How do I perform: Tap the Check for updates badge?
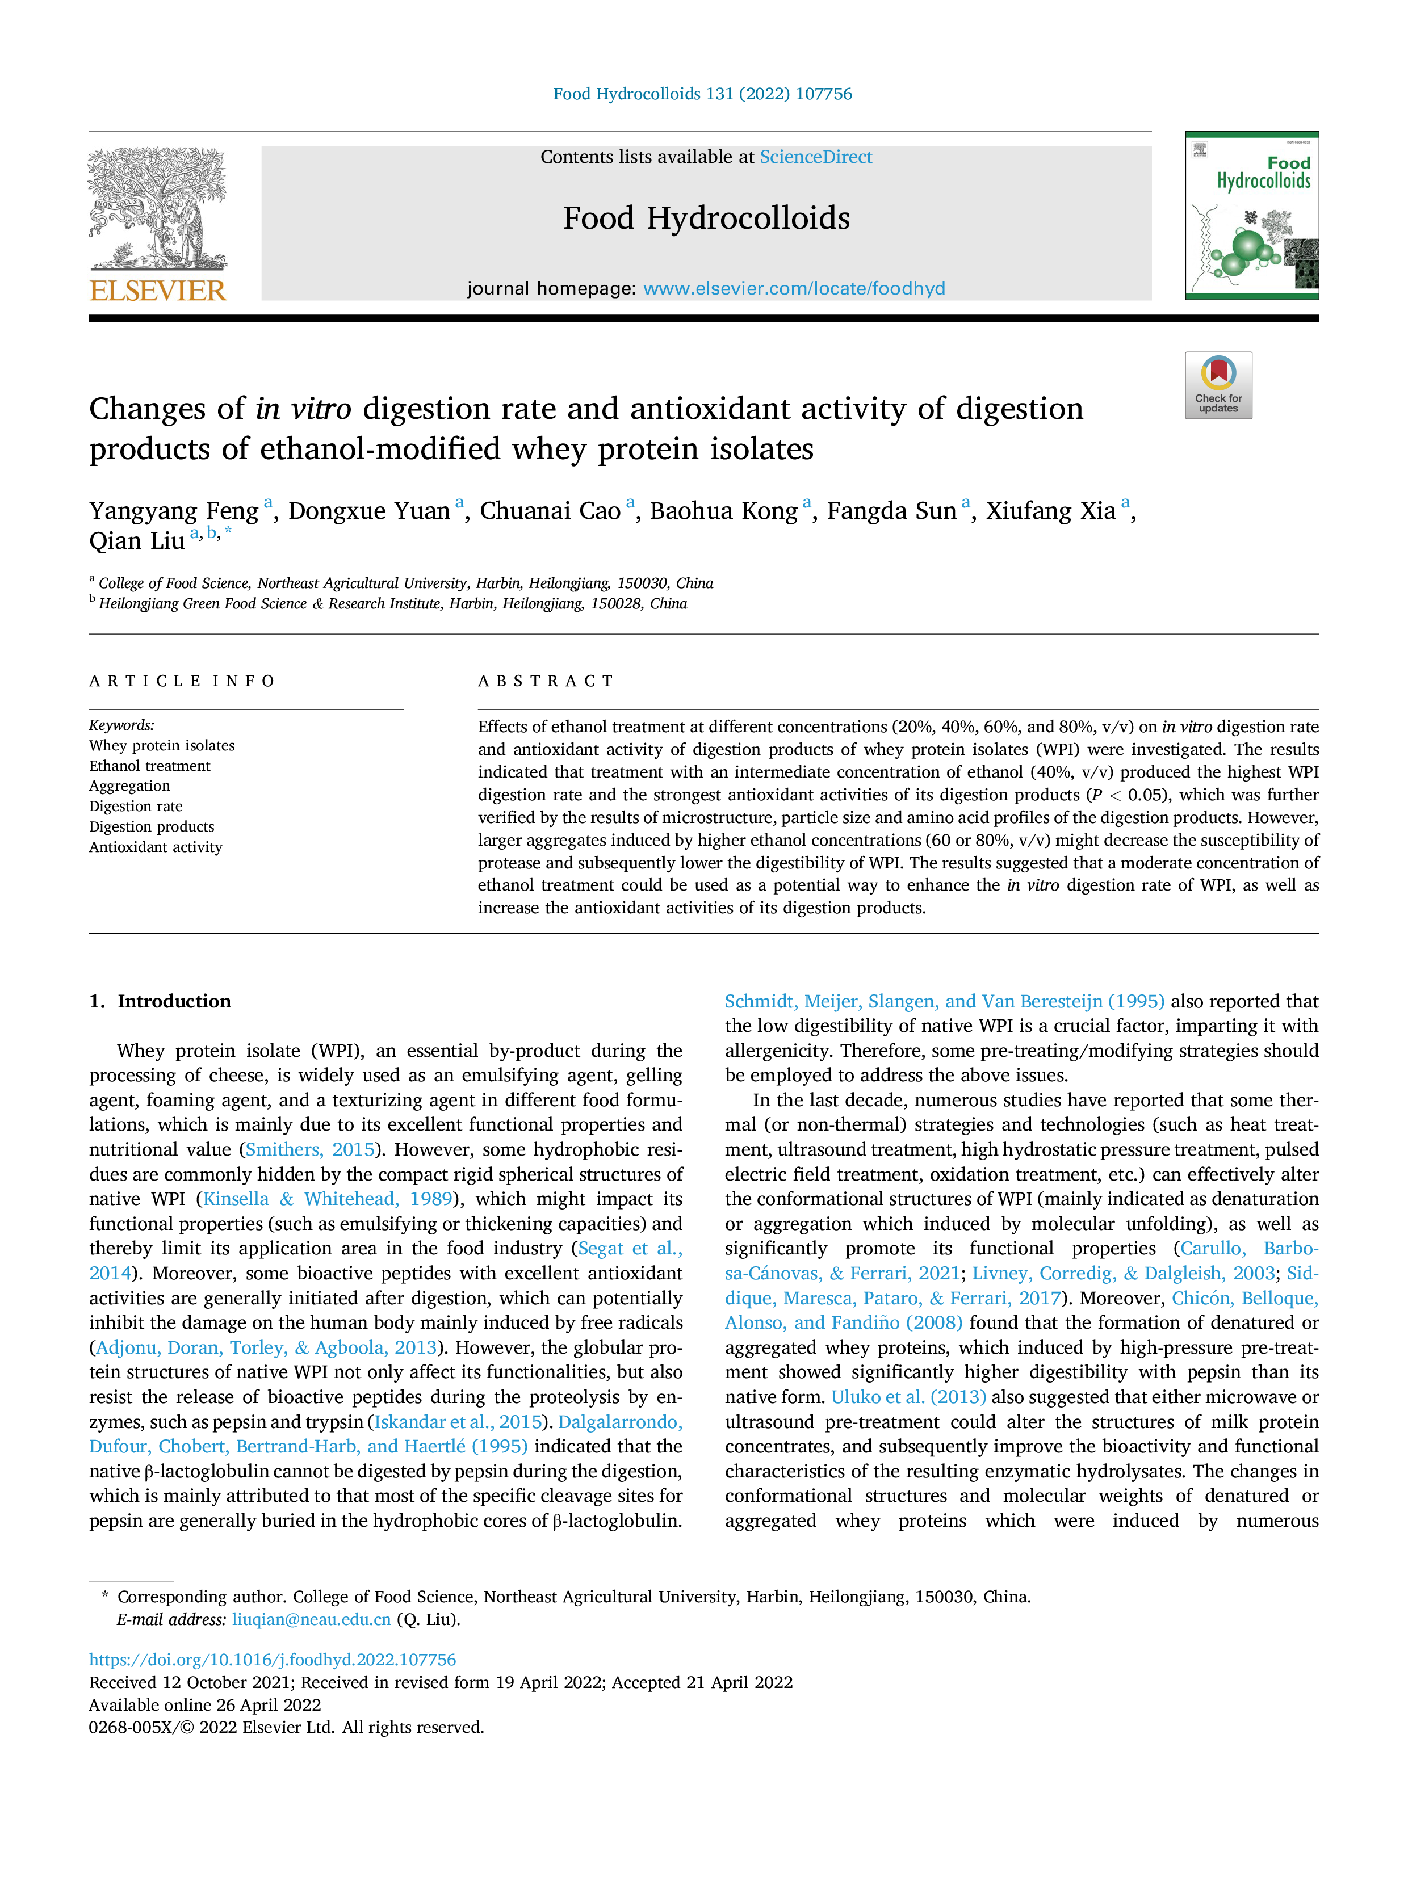pos(1218,385)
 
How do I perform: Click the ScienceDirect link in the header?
pos(816,157)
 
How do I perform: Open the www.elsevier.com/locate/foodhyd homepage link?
pos(794,288)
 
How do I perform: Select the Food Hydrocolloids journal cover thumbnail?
pos(1252,216)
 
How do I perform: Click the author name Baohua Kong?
pos(724,511)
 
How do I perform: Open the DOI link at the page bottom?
pos(273,1660)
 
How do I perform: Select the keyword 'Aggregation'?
pos(130,786)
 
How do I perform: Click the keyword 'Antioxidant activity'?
pos(156,847)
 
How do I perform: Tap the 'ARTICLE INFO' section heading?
pos(182,682)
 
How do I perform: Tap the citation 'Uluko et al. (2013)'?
pos(908,1397)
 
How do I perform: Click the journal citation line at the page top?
pos(703,94)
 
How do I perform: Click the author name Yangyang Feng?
pos(174,511)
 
